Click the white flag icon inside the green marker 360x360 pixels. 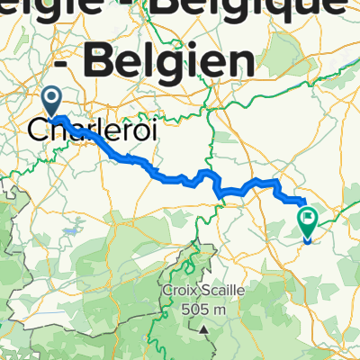(309, 216)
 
